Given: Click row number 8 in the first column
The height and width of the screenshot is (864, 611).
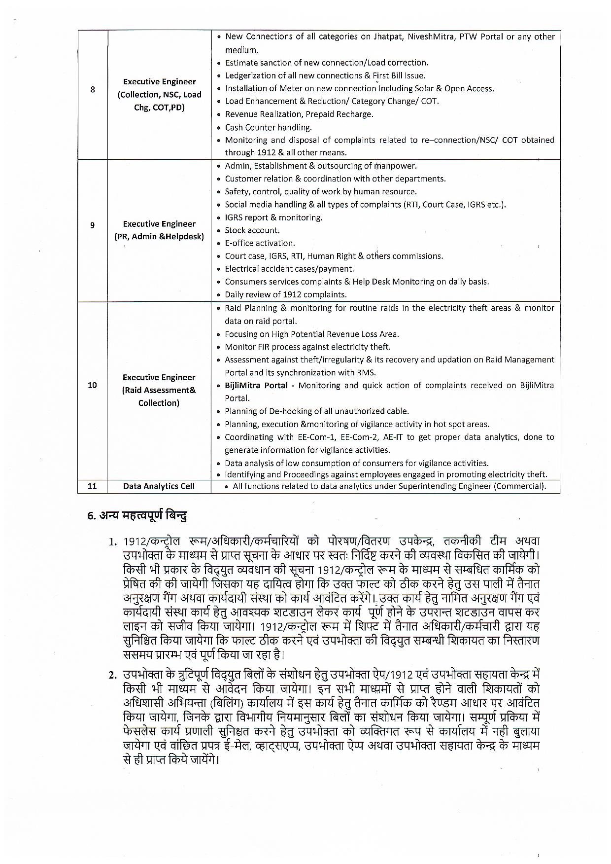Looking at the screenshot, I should tap(92, 90).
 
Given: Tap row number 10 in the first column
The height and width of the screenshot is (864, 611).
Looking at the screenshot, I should tap(92, 385).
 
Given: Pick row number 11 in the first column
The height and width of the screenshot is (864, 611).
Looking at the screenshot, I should tap(92, 486).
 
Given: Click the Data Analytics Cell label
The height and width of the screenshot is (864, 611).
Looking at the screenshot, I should tap(159, 486).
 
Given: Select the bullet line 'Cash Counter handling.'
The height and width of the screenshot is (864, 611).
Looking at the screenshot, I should tap(268, 127).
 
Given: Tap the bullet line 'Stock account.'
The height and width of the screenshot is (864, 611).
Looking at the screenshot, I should tap(252, 230).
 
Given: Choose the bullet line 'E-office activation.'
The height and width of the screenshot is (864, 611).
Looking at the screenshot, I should tap(260, 243).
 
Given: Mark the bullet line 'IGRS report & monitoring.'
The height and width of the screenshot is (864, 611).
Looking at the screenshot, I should tap(273, 217).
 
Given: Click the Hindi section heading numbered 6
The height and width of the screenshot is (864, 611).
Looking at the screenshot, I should tap(137, 516).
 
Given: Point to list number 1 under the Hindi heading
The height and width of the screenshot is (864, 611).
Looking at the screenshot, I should tap(113, 542).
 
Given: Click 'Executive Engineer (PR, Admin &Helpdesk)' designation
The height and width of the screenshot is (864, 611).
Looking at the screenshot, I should tap(159, 230).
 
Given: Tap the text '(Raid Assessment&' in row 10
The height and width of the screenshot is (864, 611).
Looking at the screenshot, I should tap(159, 390).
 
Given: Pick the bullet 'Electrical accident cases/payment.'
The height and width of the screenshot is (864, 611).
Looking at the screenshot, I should tap(289, 269).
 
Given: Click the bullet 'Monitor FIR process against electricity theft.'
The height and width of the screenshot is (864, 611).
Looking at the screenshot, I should tap(307, 347).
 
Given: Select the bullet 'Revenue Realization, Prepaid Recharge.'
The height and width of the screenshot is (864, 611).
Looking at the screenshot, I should tap(299, 114).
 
